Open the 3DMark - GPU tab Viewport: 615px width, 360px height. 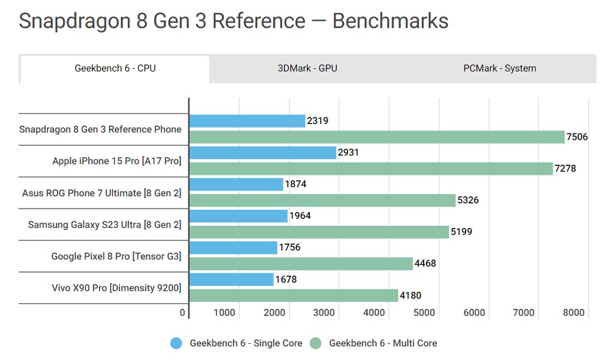pyautogui.click(x=307, y=69)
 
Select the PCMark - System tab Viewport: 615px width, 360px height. pyautogui.click(x=499, y=69)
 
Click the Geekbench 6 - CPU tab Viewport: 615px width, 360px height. pyautogui.click(x=115, y=69)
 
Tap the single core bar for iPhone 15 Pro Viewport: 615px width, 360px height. pyautogui.click(x=263, y=153)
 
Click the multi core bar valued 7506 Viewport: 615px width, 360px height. pyautogui.click(x=377, y=137)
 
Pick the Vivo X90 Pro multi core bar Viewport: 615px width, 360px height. pyautogui.click(x=294, y=295)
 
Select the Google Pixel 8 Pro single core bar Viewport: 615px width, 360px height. pyautogui.click(x=233, y=248)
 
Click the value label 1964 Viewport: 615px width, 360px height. pyautogui.click(x=300, y=216)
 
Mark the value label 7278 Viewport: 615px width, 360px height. pyautogui.click(x=565, y=168)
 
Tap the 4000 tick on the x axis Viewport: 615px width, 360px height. pyautogui.click(x=374, y=313)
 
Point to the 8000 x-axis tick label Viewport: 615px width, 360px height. pyautogui.click(x=574, y=313)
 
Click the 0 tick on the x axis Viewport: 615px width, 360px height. pyautogui.click(x=183, y=313)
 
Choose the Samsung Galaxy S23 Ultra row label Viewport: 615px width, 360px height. pyautogui.click(x=105, y=225)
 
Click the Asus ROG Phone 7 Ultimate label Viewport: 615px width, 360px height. pyautogui.click(x=102, y=193)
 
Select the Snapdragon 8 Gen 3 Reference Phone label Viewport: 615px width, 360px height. pyautogui.click(x=100, y=130)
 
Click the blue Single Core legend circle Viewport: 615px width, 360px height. pyautogui.click(x=177, y=343)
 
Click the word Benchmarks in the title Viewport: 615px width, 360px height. pyautogui.click(x=390, y=21)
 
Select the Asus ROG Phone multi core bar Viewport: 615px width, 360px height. pyautogui.click(x=323, y=200)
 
